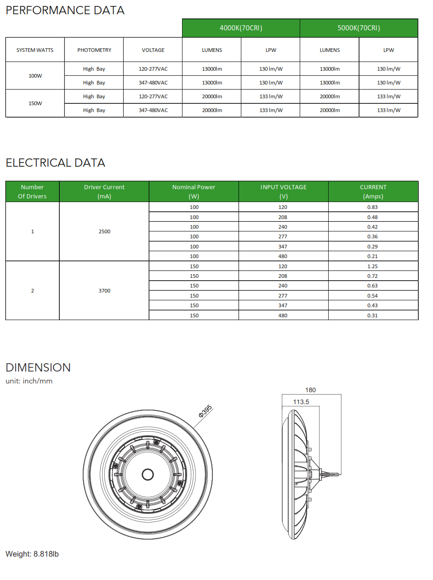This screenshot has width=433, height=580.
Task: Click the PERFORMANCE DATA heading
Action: [65, 11]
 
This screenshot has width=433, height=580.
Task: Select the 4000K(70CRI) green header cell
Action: [241, 28]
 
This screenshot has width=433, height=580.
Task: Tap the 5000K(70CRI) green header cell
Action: [359, 28]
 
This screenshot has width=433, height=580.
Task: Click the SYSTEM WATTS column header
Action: [35, 50]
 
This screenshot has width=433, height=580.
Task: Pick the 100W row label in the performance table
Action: [35, 76]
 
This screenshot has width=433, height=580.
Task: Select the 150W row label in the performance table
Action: [35, 103]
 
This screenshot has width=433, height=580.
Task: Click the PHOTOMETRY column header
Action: [94, 50]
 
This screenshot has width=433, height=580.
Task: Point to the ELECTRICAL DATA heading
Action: [55, 163]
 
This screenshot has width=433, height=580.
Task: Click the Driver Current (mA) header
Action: [104, 191]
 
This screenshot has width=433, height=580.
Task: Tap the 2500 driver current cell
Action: [104, 231]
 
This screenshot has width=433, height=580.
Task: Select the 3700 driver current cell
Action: [104, 291]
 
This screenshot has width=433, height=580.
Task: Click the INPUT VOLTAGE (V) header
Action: [283, 191]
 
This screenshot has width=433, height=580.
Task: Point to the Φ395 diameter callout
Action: [205, 411]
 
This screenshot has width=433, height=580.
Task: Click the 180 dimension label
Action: [311, 390]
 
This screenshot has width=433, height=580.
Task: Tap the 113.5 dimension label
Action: [301, 402]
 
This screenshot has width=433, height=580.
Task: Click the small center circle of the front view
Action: [148, 474]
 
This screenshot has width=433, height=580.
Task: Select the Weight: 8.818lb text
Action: [32, 554]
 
